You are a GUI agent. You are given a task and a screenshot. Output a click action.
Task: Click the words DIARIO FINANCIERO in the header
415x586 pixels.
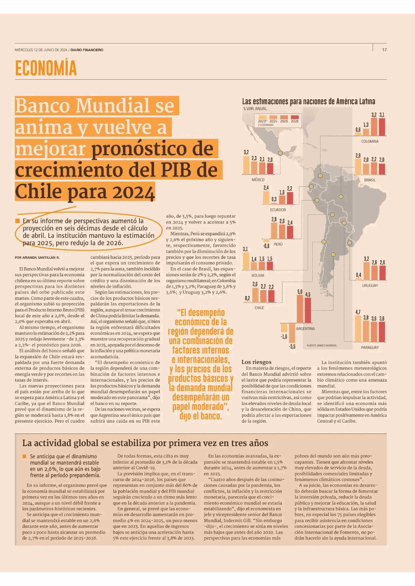[87, 50]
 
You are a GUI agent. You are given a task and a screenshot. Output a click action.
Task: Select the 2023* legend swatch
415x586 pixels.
[262, 117]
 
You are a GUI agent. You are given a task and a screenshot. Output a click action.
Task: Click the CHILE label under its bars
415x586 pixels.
[259, 308]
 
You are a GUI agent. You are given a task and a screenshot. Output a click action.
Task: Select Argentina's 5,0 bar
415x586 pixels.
[300, 309]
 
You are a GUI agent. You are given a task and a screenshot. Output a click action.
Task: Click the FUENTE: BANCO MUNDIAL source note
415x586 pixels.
[322, 345]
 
